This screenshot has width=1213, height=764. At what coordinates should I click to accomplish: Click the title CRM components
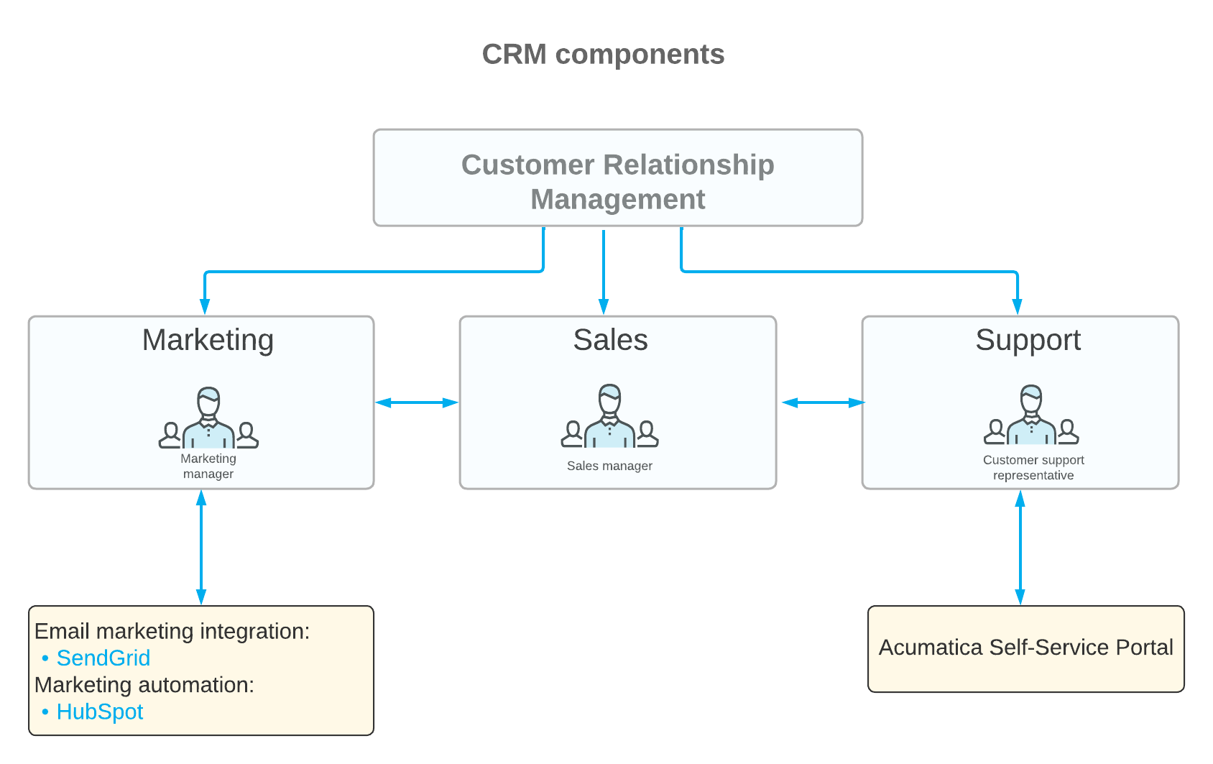tap(603, 55)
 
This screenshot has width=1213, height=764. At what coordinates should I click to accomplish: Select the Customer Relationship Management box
tap(617, 178)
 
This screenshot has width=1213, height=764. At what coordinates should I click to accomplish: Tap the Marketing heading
tap(208, 340)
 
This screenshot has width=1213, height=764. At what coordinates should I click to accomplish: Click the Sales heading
tap(610, 340)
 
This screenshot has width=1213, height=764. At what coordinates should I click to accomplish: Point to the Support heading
tap(1028, 340)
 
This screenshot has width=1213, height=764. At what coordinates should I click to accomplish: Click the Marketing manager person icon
tap(208, 419)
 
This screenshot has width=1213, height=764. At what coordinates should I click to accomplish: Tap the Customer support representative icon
tap(1031, 417)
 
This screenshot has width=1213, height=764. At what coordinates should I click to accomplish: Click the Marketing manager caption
tap(208, 466)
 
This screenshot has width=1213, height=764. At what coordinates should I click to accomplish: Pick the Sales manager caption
tap(609, 466)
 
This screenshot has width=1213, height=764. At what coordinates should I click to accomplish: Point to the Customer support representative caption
tap(1033, 468)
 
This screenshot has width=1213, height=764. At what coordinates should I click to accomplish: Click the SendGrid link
tap(103, 658)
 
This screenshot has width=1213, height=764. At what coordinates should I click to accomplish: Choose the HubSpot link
tap(100, 712)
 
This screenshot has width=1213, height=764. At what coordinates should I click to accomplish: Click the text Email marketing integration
tap(172, 631)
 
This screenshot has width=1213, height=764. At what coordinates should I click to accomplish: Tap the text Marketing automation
tap(144, 685)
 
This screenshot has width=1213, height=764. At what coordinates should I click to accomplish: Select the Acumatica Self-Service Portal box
tap(1025, 648)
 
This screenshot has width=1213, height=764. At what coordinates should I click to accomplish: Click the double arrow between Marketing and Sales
tap(417, 402)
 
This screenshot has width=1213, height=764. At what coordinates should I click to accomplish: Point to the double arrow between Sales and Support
tap(823, 402)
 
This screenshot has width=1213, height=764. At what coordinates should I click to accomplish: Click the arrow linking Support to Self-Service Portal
tap(1020, 548)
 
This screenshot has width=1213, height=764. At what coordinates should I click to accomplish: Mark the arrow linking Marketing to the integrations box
tap(201, 548)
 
